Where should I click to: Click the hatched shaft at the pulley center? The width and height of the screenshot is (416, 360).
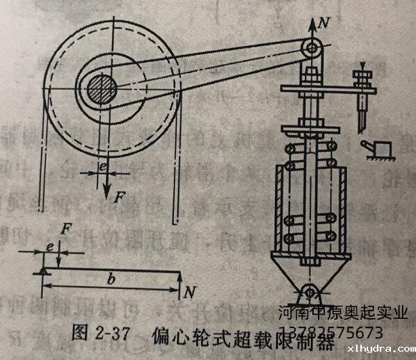click(102, 90)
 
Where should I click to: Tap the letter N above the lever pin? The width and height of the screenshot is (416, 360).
click(321, 22)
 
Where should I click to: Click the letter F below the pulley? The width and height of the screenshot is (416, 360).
click(119, 197)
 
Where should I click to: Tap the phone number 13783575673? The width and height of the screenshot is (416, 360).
click(340, 331)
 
